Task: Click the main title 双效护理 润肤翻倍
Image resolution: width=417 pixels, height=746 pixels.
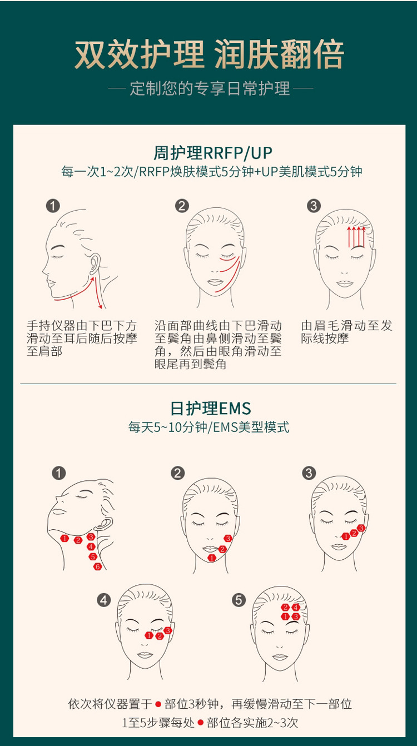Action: point(209,54)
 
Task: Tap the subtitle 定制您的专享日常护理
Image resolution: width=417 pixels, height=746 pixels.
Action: point(210,88)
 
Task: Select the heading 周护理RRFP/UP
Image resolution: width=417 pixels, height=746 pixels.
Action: point(212,153)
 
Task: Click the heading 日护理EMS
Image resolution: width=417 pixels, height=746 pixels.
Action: point(211,409)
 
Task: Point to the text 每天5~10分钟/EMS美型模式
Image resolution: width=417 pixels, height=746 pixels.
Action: point(209,427)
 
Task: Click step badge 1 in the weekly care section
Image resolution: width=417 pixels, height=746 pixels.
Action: point(53,206)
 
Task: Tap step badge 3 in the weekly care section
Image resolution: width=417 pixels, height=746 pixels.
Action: point(314,206)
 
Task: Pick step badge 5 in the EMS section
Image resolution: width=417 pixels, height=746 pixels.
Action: point(239,600)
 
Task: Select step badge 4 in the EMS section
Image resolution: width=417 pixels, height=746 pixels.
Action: point(103,600)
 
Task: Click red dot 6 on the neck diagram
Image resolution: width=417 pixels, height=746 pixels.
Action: point(98,566)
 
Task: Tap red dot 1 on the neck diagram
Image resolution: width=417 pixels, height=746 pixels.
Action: point(64,538)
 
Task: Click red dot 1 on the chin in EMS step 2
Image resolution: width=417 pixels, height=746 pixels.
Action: point(211,558)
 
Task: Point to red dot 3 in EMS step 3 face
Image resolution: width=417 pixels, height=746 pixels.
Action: point(361,528)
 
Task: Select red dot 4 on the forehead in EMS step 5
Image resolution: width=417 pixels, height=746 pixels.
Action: point(296,607)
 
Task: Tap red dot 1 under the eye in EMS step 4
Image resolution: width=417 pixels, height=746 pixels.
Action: point(149,635)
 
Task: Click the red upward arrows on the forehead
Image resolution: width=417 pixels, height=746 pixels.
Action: point(356,237)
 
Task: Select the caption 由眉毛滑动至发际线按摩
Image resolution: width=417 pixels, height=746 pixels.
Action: point(346,332)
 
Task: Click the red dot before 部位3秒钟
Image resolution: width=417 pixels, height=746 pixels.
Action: point(158,704)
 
